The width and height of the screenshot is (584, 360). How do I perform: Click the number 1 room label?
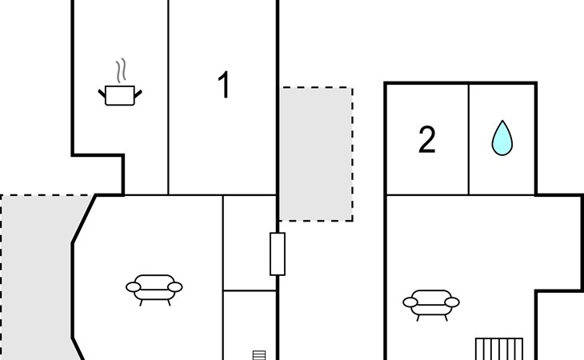click(x=224, y=86)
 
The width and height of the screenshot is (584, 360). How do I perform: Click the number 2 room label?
click(x=427, y=140)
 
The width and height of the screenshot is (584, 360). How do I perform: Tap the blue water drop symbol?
click(x=502, y=138)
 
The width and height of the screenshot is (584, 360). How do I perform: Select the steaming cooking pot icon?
click(x=120, y=94)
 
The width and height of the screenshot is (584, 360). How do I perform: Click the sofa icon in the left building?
click(x=154, y=287)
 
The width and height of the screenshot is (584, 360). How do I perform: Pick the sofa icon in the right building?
click(x=431, y=303)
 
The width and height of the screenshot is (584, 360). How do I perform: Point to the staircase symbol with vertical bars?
click(x=498, y=349)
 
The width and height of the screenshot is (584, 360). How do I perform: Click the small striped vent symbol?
click(x=258, y=354)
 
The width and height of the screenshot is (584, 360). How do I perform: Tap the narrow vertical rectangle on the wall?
click(x=278, y=254)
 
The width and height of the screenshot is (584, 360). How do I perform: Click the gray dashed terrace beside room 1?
click(x=316, y=154)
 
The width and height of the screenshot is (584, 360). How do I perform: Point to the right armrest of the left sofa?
click(x=175, y=286)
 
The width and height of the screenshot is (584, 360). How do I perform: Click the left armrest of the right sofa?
click(x=410, y=302)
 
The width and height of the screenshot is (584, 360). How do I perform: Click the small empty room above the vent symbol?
click(x=250, y=242)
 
